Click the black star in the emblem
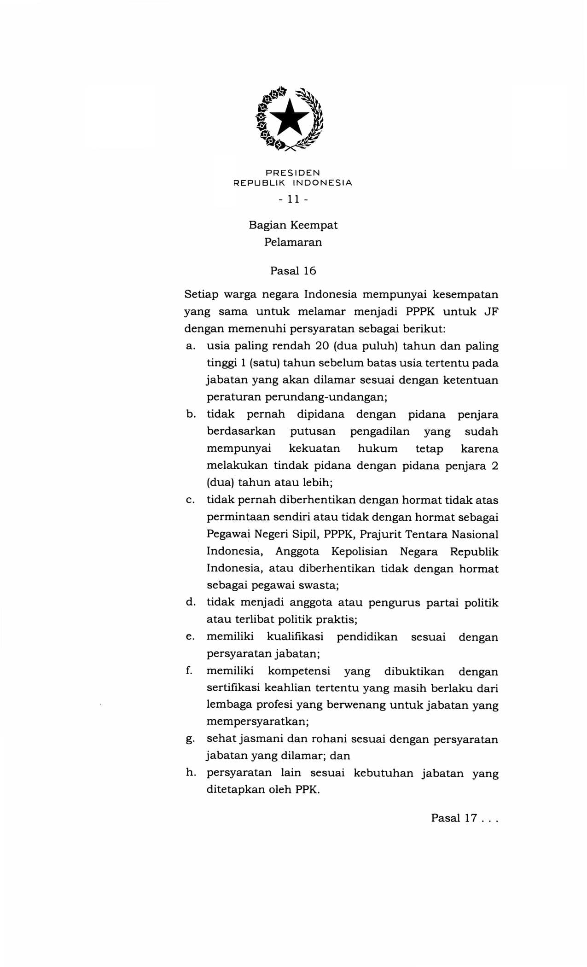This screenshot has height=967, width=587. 289,117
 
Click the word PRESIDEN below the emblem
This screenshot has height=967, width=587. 292,173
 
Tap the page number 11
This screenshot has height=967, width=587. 293,199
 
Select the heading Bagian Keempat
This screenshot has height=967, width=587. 293,225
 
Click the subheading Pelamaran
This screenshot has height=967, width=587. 293,242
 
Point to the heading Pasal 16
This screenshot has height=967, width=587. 293,271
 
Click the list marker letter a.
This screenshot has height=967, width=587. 189,346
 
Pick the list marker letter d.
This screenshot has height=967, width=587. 190,602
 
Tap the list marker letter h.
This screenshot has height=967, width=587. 190,773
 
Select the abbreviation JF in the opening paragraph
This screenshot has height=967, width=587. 491,311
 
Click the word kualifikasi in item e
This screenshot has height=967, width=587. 295,637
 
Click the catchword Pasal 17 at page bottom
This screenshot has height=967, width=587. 453,818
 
